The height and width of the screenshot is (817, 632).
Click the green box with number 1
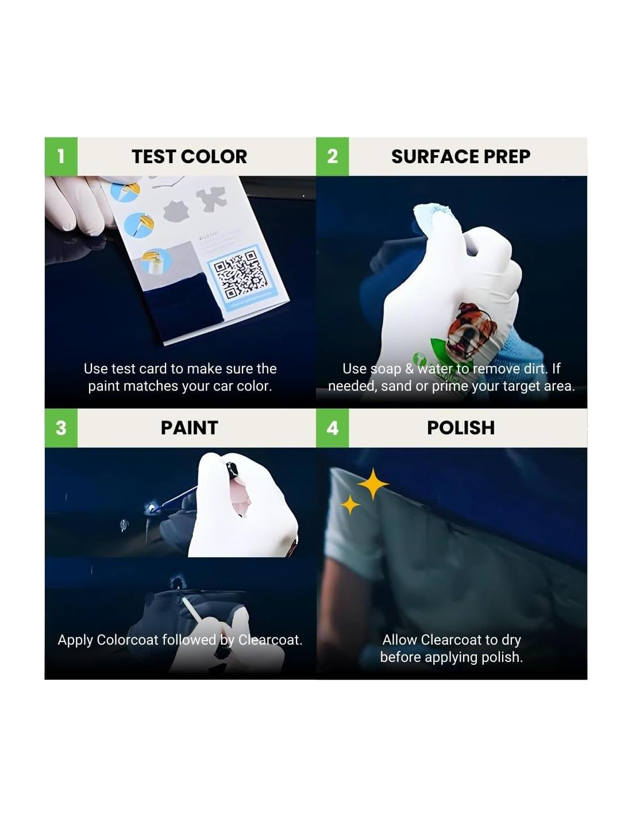click(61, 156)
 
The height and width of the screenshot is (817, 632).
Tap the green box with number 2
click(332, 156)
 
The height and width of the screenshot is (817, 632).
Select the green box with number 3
click(61, 428)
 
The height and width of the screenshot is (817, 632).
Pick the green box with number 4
click(332, 428)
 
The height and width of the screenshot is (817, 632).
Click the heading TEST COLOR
click(190, 156)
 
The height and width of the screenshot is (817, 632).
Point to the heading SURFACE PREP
click(461, 156)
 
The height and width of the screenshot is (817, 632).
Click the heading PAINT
click(190, 428)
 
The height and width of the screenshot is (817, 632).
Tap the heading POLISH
click(461, 428)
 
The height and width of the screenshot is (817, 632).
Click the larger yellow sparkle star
click(372, 484)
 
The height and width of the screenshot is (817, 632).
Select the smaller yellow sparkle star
click(350, 504)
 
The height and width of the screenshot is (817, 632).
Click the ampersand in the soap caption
click(410, 369)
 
